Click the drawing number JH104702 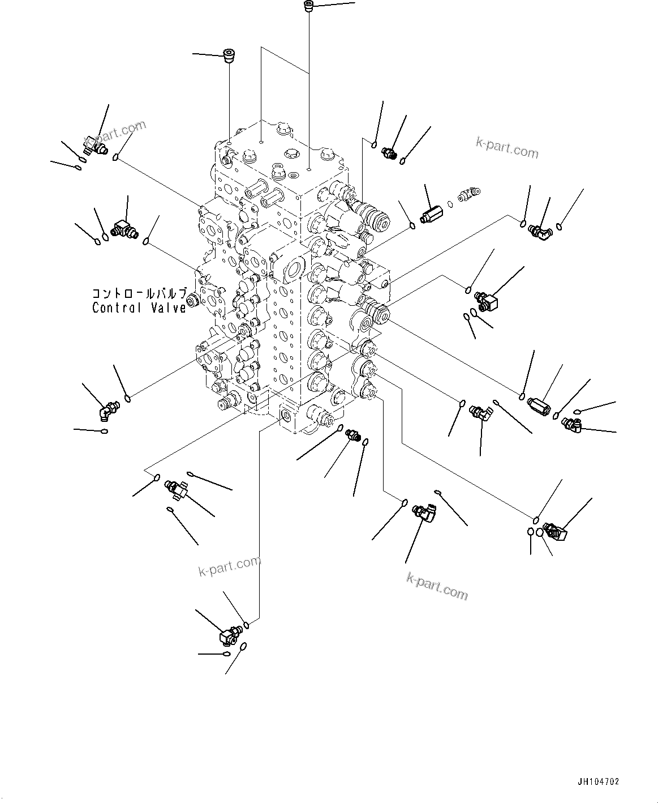[598, 781]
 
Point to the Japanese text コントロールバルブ [139, 294]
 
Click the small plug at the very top [308, 7]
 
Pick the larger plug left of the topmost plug [230, 57]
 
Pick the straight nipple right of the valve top [389, 153]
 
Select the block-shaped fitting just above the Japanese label [123, 229]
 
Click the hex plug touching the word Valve [192, 301]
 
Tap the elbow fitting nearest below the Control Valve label [107, 409]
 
